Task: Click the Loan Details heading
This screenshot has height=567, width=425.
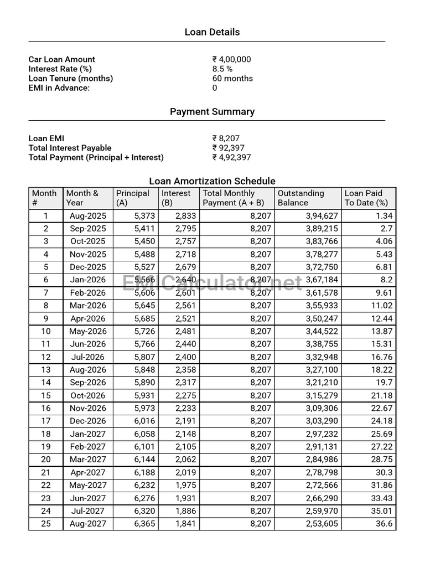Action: (x=212, y=32)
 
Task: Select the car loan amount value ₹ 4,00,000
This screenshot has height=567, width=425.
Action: (x=231, y=59)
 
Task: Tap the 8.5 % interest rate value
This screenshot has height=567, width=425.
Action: (x=222, y=69)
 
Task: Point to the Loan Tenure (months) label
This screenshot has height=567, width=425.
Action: (x=71, y=78)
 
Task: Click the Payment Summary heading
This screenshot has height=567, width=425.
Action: (x=212, y=112)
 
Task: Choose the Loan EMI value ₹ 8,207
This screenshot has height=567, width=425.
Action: (x=226, y=138)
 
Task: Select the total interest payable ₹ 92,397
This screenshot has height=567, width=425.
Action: (x=229, y=148)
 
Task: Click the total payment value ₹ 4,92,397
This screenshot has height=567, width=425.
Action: (x=231, y=157)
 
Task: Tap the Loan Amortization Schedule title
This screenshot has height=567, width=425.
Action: (x=212, y=181)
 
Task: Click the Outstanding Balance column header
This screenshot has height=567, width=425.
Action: (x=300, y=198)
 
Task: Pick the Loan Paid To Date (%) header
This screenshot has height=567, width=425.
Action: (x=366, y=198)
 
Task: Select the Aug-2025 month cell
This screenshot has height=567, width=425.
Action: (x=87, y=216)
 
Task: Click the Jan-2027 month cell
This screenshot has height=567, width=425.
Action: (x=87, y=434)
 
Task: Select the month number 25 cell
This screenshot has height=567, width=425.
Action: (x=46, y=524)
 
